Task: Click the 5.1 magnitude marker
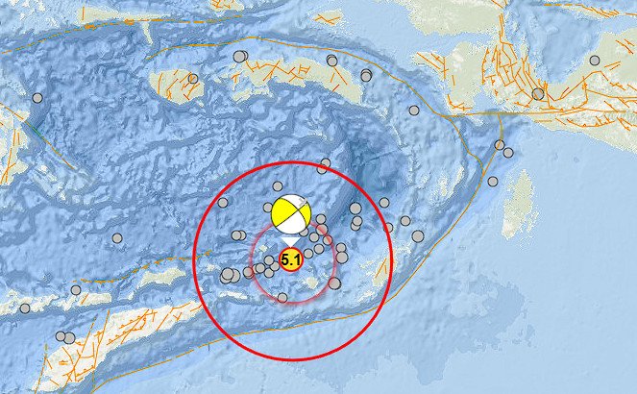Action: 290,259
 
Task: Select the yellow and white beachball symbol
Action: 290,215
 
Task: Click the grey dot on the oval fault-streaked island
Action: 193,79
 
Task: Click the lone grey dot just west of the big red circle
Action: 117,238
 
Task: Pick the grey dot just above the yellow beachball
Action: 278,186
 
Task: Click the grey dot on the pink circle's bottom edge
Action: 282,298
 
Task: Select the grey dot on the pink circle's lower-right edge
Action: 334,283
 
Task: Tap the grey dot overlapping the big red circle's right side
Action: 388,228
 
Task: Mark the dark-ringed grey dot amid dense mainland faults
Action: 538,93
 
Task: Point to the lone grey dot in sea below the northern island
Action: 414,111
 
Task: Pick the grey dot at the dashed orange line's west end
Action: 25,308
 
